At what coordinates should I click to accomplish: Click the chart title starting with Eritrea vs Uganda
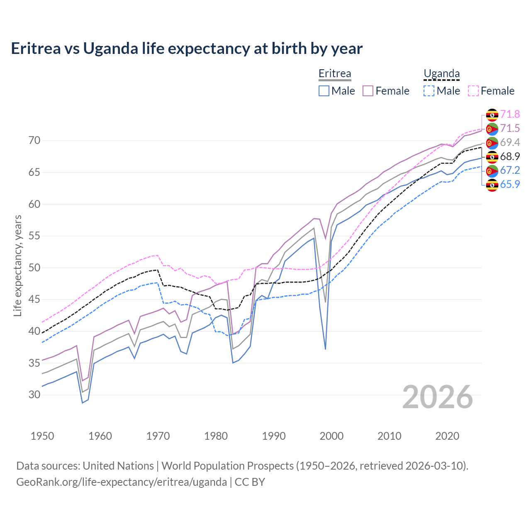[x=187, y=49]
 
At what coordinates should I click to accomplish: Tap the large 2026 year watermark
[x=437, y=397]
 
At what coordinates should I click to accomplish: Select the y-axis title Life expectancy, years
[x=17, y=265]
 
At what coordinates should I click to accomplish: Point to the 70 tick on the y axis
[x=34, y=141]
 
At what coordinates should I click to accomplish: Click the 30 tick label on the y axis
[x=34, y=395]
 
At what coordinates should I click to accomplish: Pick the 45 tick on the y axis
[x=34, y=300]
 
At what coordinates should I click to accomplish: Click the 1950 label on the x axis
[x=42, y=436]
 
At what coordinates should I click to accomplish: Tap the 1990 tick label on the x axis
[x=274, y=436]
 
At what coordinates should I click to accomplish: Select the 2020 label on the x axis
[x=447, y=436]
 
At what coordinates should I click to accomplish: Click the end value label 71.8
[x=510, y=114]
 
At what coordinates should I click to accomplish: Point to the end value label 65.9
[x=510, y=185]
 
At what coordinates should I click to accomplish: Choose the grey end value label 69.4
[x=510, y=142]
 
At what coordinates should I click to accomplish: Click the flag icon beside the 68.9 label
[x=492, y=157]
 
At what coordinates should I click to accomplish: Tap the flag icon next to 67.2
[x=492, y=171]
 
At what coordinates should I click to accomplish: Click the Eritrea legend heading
[x=335, y=74]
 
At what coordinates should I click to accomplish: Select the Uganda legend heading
[x=441, y=74]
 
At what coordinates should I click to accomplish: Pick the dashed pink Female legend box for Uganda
[x=473, y=91]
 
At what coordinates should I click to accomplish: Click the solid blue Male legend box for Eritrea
[x=324, y=91]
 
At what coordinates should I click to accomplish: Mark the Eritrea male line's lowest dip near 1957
[x=82, y=402]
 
